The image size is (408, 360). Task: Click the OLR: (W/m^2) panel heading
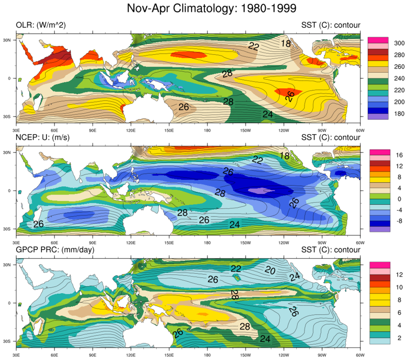(41, 25)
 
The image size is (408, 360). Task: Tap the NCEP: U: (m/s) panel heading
(43, 138)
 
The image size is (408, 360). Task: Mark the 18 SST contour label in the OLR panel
(286, 43)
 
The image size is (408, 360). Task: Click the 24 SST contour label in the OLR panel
(268, 114)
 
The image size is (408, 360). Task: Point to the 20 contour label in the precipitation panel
(270, 271)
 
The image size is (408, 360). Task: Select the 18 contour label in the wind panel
(284, 156)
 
